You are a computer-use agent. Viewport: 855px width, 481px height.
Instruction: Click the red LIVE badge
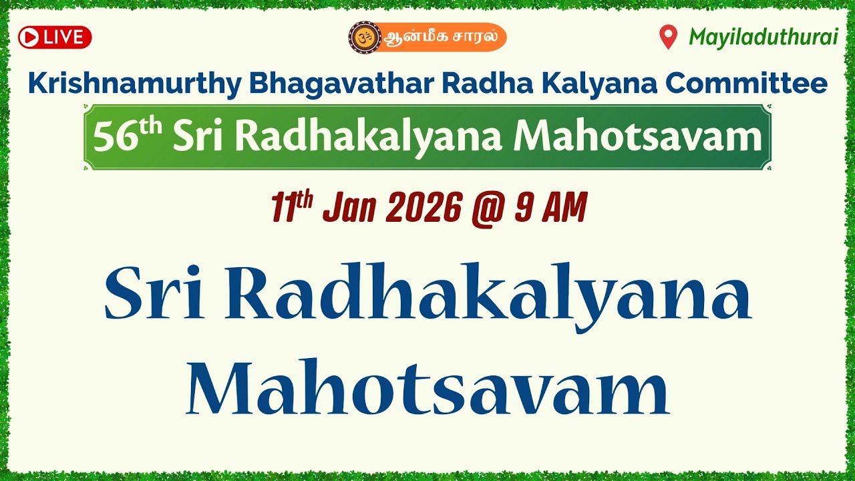55,37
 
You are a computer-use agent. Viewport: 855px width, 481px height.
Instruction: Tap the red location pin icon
668,37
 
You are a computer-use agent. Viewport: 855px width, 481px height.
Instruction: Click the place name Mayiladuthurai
763,37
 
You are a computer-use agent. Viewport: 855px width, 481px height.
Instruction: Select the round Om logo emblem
364,37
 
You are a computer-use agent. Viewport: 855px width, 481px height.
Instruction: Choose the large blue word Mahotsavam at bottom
427,388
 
